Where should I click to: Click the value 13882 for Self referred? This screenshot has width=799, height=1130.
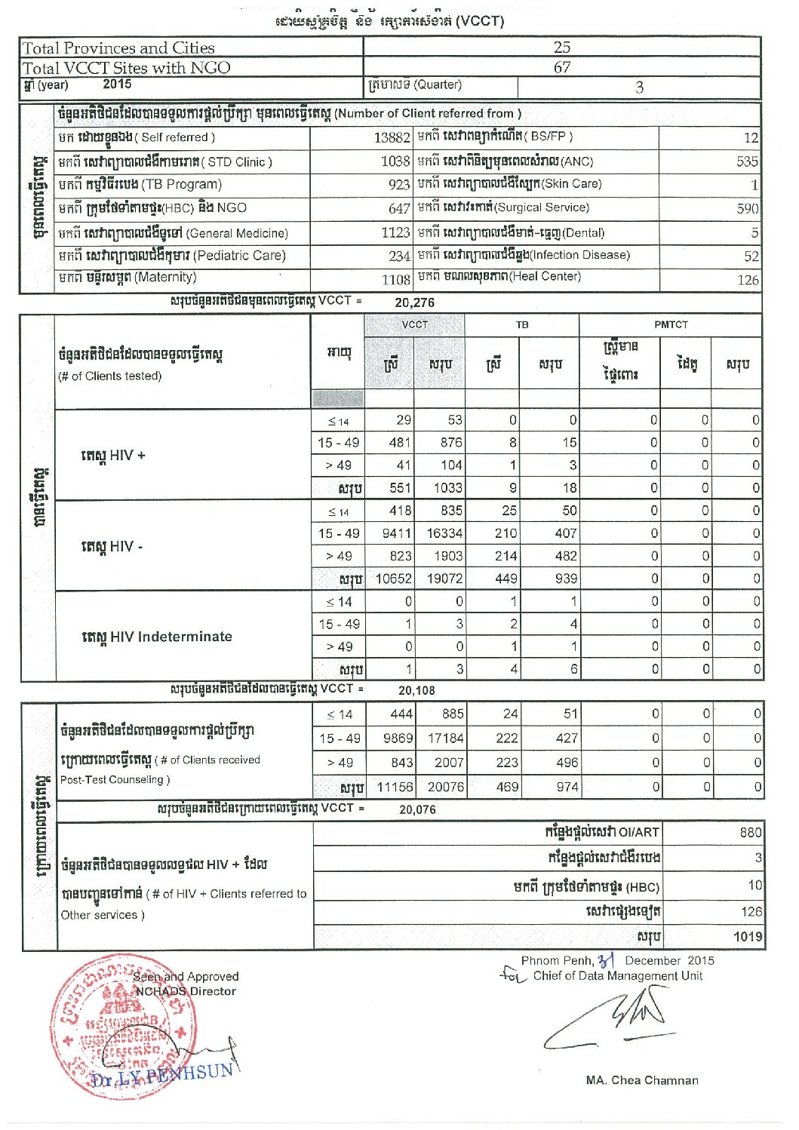click(392, 138)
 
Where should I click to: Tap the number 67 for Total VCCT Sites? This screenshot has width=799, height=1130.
click(561, 67)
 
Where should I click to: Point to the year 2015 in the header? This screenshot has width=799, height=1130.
click(117, 84)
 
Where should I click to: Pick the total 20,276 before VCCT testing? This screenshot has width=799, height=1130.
click(414, 302)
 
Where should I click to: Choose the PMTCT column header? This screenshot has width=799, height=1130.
click(671, 325)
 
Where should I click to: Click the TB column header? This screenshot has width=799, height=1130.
click(522, 325)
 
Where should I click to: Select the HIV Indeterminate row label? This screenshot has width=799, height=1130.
click(157, 637)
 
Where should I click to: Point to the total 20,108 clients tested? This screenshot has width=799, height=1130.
click(416, 689)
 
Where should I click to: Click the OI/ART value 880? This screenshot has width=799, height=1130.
click(750, 832)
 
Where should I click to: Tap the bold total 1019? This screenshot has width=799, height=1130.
click(748, 937)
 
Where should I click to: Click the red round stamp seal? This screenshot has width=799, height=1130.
click(121, 1026)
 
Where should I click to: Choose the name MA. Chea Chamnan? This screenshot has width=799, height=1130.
click(642, 1080)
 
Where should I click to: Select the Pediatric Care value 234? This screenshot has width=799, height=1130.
click(399, 256)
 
